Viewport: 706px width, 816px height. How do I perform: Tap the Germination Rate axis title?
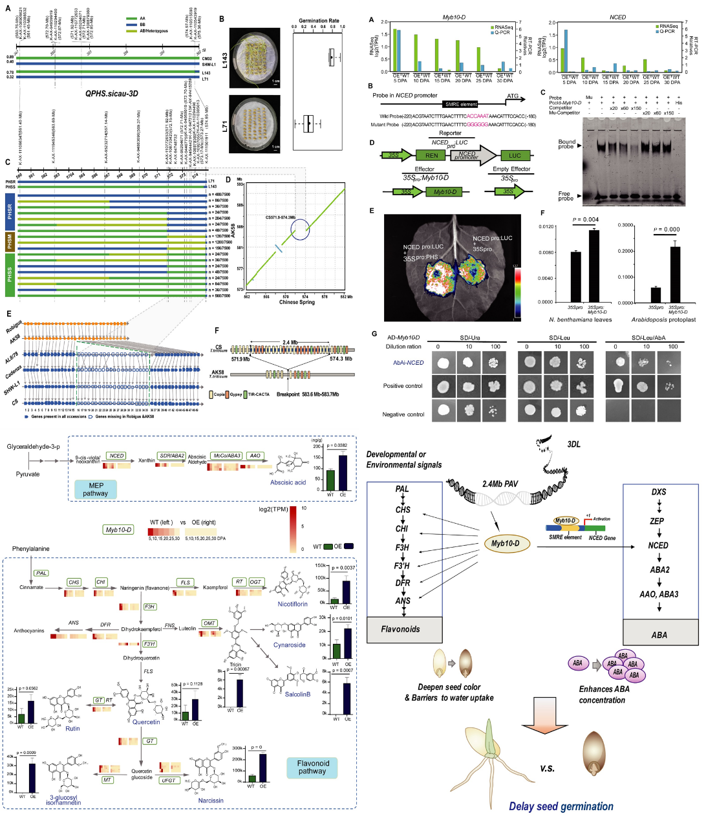319,21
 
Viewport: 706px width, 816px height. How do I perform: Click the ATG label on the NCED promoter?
512,96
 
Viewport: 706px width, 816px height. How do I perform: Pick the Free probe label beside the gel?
565,196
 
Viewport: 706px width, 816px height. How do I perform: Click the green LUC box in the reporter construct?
515,155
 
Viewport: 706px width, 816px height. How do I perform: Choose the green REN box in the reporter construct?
431,155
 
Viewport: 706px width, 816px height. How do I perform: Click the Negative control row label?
403,414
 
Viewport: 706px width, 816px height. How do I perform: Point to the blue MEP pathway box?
95,489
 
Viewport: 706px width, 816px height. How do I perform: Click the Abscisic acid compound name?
288,482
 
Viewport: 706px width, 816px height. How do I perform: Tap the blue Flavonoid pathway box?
312,767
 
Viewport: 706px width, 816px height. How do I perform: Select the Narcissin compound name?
211,800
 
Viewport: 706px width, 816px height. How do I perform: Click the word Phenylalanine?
30,549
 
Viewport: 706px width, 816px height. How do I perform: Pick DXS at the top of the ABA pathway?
658,492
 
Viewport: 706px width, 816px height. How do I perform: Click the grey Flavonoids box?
400,628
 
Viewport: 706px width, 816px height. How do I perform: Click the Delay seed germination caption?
561,806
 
